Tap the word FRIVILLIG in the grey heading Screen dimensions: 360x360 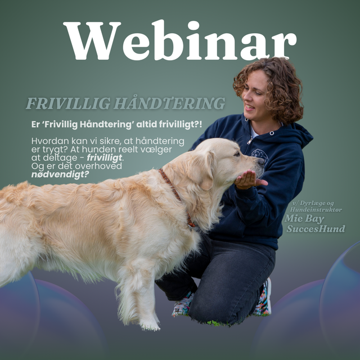point(67,104)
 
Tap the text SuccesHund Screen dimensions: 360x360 point(316,229)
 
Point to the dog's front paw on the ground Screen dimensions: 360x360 point(150,324)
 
